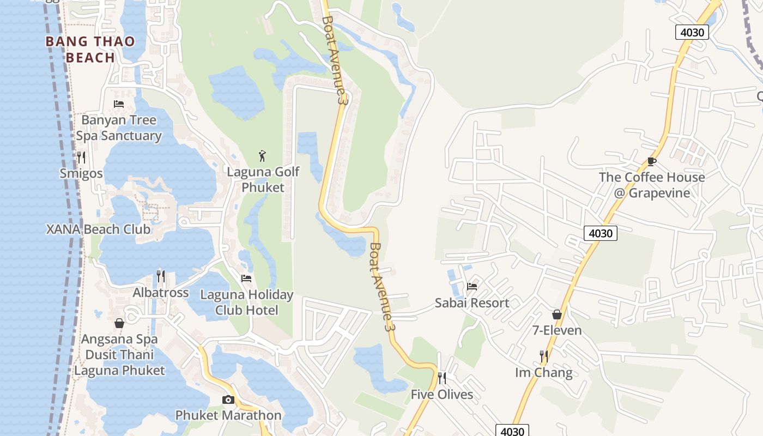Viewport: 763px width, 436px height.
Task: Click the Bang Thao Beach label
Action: [90, 49]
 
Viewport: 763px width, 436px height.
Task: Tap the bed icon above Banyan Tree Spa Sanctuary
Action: [119, 104]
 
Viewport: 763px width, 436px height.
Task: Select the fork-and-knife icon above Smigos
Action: [81, 158]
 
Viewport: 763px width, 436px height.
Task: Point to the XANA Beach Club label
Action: [98, 229]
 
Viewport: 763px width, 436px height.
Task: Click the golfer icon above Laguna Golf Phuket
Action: [263, 156]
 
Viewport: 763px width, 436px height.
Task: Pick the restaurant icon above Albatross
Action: [161, 276]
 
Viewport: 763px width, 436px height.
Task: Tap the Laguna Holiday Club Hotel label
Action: [246, 302]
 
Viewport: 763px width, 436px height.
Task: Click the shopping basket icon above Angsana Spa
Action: [119, 323]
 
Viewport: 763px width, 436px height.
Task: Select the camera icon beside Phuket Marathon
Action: [228, 399]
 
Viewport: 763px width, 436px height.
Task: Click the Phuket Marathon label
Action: [228, 415]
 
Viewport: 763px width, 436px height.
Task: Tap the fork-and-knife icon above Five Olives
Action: [442, 378]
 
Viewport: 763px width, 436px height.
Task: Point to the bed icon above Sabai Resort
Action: [472, 286]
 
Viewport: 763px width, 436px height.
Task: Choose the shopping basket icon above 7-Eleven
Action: [557, 314]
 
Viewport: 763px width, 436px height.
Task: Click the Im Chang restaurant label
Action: [544, 373]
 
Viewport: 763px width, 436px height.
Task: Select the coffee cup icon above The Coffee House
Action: [651, 161]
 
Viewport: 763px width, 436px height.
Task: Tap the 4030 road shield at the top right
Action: [692, 32]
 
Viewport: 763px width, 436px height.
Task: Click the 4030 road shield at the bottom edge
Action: [512, 431]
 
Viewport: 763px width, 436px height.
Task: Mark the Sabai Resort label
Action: [472, 303]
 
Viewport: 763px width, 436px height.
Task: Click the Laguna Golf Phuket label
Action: [263, 180]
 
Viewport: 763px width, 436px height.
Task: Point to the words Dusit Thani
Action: [119, 355]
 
